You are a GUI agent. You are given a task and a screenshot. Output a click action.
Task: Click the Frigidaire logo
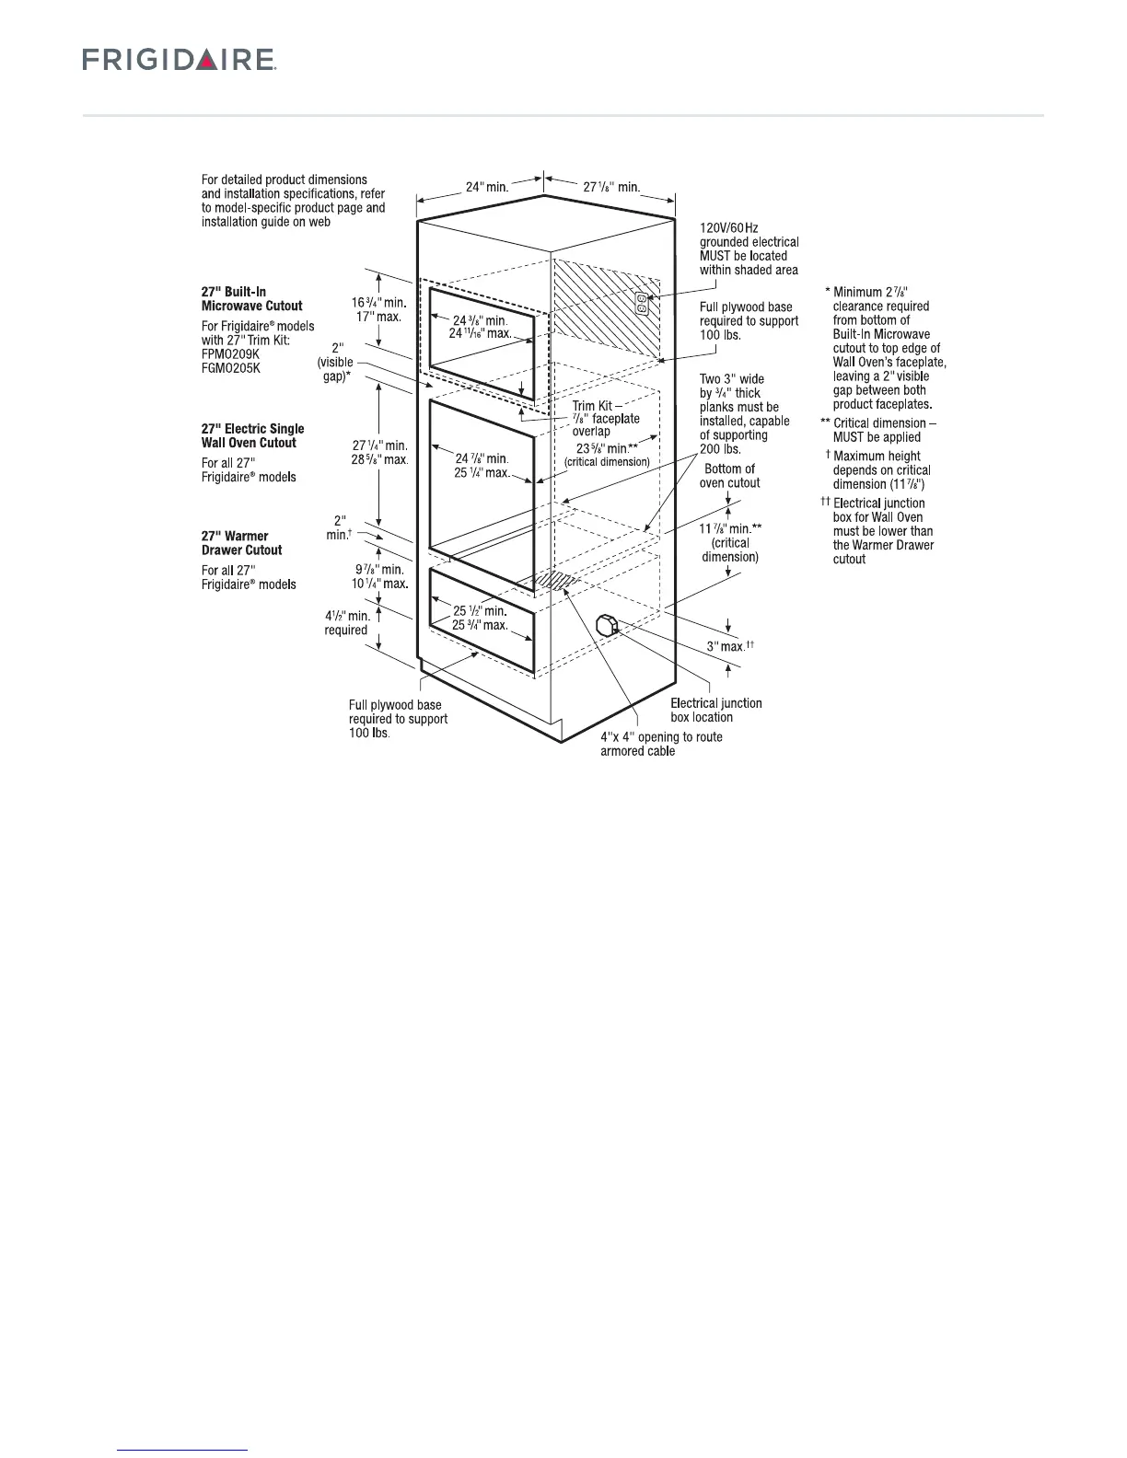[180, 60]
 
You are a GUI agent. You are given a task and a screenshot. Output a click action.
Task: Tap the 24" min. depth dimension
[486, 187]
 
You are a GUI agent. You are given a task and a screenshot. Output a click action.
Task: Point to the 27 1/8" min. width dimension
[611, 187]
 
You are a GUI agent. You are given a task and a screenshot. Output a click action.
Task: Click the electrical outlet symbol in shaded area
[643, 303]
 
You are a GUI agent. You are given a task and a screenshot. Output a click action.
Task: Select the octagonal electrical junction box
[608, 625]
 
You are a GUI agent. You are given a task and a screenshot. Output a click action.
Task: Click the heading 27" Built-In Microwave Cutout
[251, 299]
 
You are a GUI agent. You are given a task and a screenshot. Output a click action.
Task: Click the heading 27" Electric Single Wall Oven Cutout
[252, 435]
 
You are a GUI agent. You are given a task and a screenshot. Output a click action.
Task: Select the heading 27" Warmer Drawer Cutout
[241, 543]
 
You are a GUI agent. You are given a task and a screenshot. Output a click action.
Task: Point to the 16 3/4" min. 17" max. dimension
[378, 308]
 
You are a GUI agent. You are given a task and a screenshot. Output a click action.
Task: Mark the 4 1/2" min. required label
[346, 623]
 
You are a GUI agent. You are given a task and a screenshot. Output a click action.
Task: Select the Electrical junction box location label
[715, 710]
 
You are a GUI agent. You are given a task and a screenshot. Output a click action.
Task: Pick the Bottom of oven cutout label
[729, 476]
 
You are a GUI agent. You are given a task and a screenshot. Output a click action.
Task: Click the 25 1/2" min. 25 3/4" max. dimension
[482, 618]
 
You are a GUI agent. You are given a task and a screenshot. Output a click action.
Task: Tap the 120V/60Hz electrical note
[749, 249]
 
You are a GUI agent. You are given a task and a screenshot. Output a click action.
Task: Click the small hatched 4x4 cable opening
[554, 580]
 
